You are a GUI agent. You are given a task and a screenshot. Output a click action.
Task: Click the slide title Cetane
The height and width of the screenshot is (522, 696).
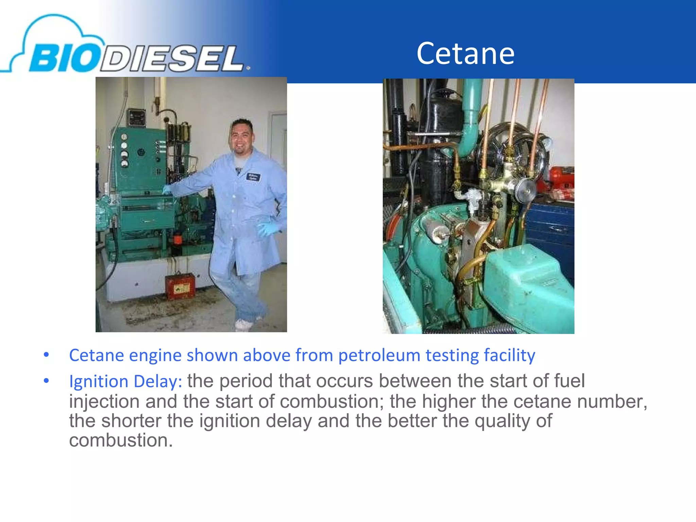coord(465,53)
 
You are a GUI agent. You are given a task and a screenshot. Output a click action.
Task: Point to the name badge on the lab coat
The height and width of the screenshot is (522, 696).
coord(253,177)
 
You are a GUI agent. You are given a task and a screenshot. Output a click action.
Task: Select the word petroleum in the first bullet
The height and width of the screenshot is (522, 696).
coord(379,355)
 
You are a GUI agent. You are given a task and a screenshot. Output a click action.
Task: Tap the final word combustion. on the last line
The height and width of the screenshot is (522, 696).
coord(121,440)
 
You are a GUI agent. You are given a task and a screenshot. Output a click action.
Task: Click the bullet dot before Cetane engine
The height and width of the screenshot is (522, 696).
coord(47,355)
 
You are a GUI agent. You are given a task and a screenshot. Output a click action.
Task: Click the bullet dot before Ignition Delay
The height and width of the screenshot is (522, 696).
coord(47,381)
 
